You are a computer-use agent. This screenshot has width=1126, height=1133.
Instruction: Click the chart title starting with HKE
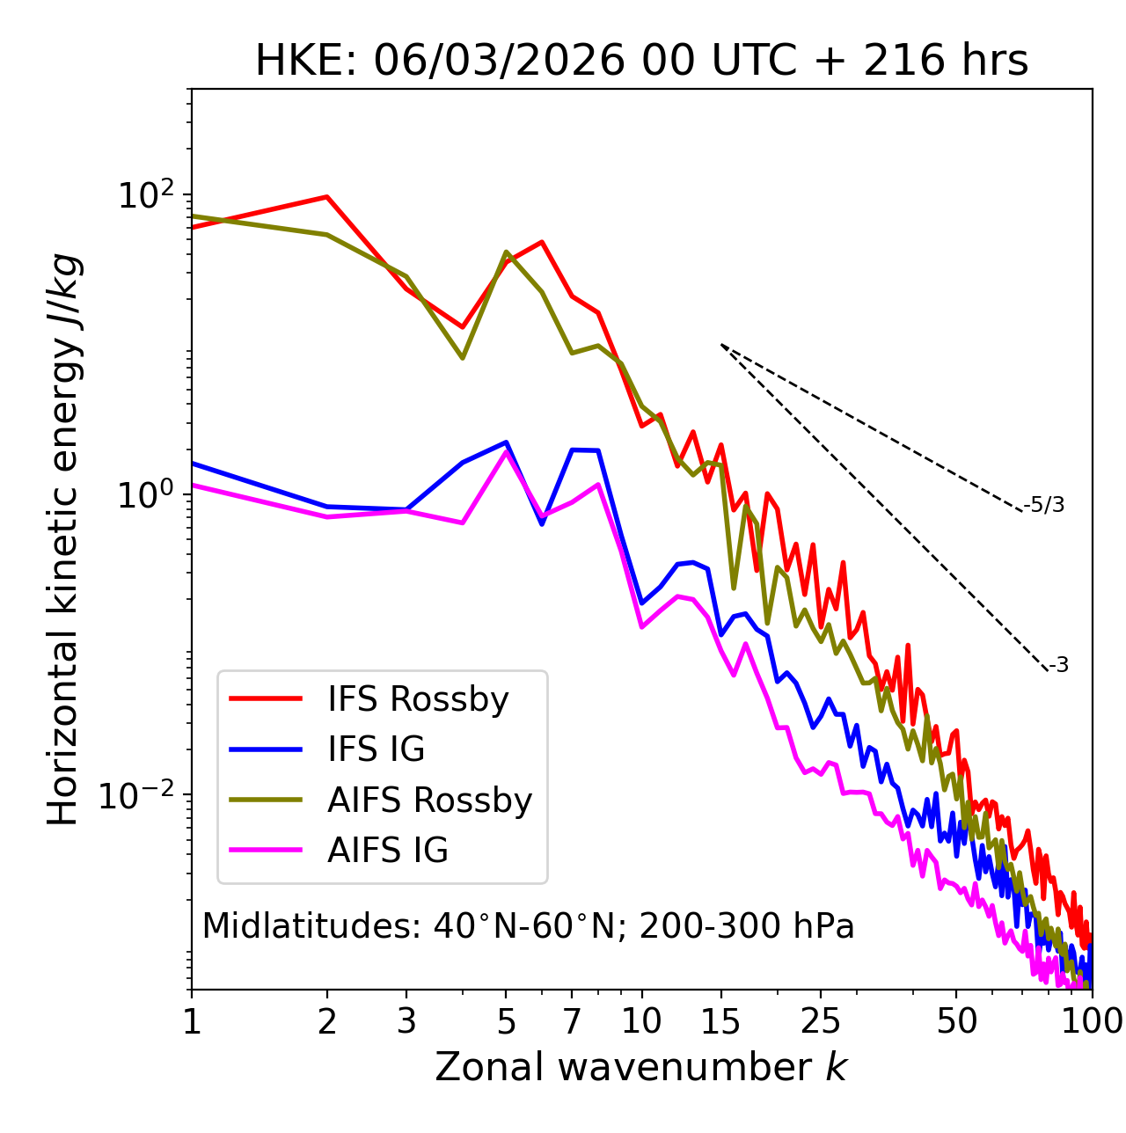[641, 62]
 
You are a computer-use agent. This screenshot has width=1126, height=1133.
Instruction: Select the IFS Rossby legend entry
[418, 699]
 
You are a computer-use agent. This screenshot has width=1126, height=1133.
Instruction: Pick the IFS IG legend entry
[376, 749]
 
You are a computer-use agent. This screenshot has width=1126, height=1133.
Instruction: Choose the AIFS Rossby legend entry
[429, 800]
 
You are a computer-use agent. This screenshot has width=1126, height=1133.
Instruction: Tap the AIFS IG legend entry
[388, 851]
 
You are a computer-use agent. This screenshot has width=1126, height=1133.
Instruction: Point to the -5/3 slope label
[1044, 505]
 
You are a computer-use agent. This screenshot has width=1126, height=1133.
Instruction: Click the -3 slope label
[1058, 665]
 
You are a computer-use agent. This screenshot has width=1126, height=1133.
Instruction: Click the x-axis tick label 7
[572, 1021]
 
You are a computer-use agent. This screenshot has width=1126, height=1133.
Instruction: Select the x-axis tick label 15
[720, 1021]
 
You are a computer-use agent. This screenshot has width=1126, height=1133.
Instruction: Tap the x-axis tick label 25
[821, 1021]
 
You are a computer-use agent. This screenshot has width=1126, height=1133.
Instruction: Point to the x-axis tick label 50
[956, 1021]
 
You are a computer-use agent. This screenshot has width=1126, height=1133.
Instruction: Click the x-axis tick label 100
[1092, 1021]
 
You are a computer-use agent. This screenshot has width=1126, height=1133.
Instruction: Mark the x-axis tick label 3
[406, 1021]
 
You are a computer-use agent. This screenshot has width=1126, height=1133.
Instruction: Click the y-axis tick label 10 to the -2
[141, 795]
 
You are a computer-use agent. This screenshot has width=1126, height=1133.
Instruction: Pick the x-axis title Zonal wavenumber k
[641, 1067]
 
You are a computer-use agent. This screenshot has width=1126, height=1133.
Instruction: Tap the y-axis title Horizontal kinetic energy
[63, 539]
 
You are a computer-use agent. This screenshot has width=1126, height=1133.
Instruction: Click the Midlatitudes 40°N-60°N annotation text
[528, 926]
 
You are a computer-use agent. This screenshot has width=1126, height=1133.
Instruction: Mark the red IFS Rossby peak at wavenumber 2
[327, 196]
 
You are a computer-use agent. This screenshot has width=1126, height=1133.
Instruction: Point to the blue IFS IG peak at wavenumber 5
[506, 442]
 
